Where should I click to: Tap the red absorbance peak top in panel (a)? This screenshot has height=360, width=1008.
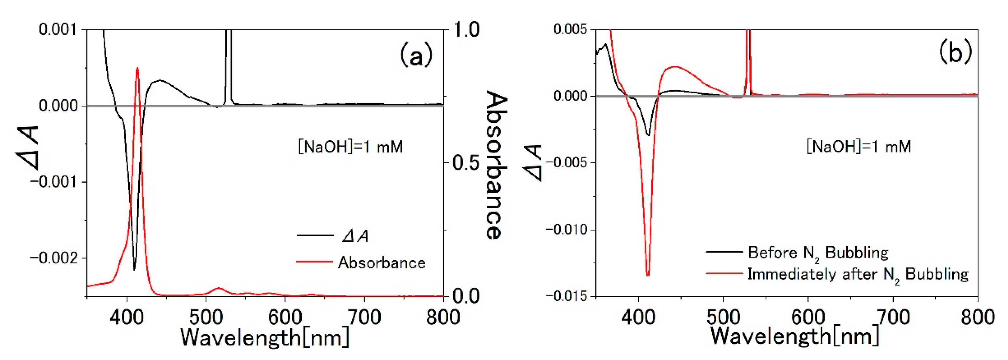click(137, 69)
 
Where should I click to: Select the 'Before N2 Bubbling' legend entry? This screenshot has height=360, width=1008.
click(818, 252)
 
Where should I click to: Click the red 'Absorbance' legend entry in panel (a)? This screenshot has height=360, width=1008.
click(382, 262)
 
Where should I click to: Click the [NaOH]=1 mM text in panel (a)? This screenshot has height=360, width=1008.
click(350, 147)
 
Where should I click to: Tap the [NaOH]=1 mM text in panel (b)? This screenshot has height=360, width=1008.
click(859, 146)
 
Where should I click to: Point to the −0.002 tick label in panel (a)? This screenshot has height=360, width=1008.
click(57, 258)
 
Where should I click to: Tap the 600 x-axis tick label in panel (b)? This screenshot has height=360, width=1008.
click(808, 317)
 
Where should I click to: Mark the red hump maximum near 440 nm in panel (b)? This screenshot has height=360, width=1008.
click(675, 67)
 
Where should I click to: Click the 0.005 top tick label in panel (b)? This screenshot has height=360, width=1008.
click(570, 29)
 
